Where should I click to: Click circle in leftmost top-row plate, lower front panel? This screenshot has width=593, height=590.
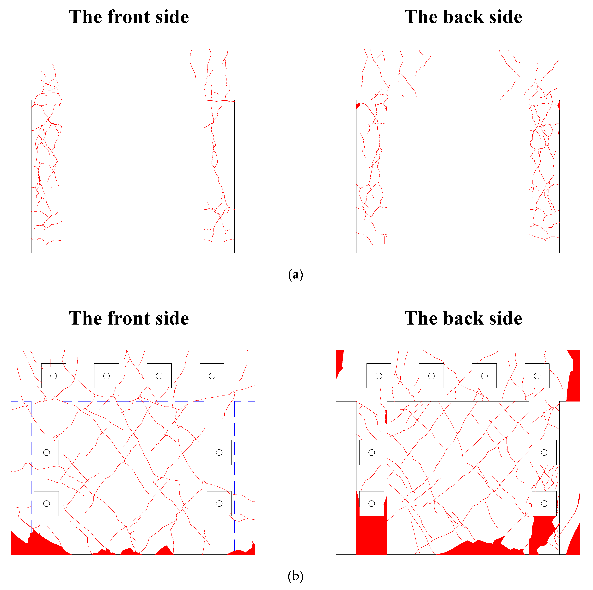pos(54,376)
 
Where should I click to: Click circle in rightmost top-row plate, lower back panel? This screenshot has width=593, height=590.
pos(537,376)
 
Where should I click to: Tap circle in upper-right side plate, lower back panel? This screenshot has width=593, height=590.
pos(544,452)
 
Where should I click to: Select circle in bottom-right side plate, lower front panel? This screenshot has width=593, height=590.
pos(219,503)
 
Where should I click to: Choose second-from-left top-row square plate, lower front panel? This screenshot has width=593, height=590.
pos(106,376)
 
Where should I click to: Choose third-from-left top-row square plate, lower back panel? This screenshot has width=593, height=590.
pos(484,376)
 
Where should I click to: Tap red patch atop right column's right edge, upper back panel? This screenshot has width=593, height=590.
pos(559,105)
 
